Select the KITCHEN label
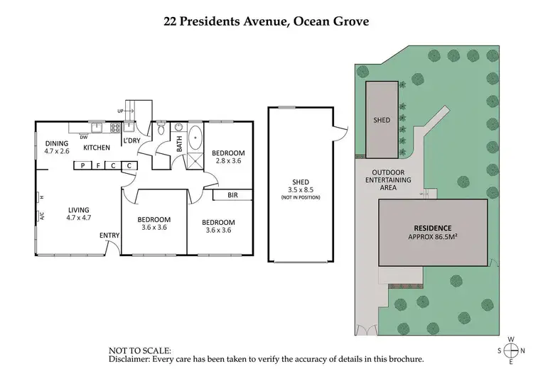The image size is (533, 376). (96, 148)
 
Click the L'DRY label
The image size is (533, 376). (131, 140)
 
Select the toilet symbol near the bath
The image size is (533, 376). (162, 130)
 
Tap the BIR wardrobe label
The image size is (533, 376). (232, 194)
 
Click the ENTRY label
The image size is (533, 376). (109, 236)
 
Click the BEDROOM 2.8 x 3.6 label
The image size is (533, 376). (230, 157)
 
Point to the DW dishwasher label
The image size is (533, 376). (84, 138)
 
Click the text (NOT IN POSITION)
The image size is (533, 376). (301, 197)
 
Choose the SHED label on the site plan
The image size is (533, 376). (382, 121)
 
